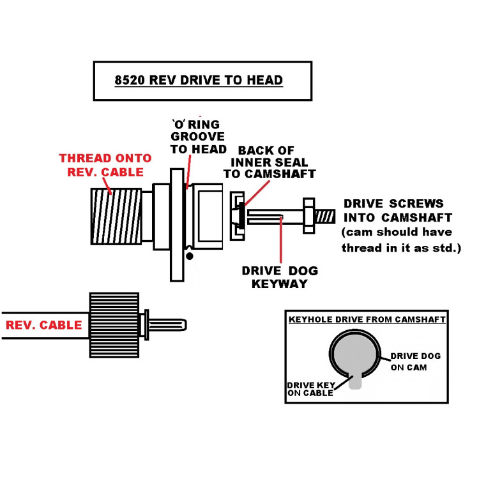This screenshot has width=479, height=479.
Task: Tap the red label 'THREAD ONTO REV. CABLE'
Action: coord(105,164)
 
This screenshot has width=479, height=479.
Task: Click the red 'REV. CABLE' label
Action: coord(44,325)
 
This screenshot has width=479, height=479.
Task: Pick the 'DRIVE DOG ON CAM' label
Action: coord(415,361)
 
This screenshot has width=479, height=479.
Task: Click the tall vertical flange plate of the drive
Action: coord(177,224)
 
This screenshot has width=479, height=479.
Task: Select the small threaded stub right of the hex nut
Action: coord(324,217)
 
